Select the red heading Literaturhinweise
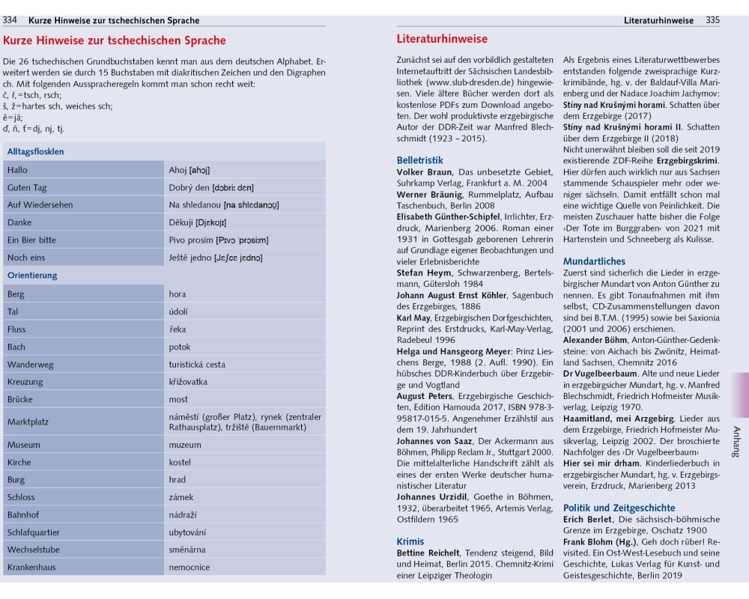441,39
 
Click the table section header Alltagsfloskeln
35,151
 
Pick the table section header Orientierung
32,275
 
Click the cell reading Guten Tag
27,187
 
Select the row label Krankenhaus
31,567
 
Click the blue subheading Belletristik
419,160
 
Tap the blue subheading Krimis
410,541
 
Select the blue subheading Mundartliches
594,261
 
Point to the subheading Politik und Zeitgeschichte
619,508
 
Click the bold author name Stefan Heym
424,273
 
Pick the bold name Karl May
414,317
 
